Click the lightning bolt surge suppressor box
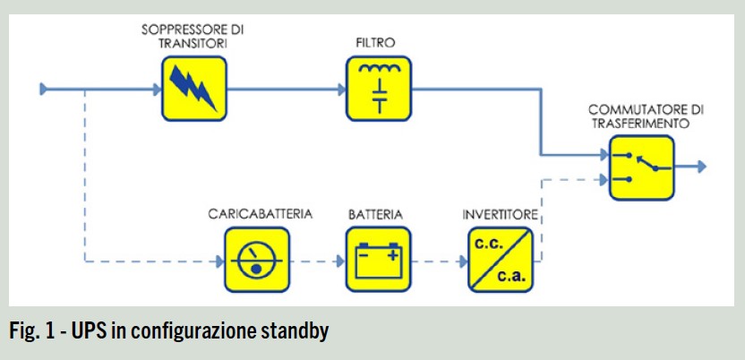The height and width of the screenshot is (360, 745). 194,88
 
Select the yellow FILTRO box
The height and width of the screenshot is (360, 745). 380,88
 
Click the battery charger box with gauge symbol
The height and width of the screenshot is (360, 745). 256,260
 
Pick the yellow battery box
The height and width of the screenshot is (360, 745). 379,260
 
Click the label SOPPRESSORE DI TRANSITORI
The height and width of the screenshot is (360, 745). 192,35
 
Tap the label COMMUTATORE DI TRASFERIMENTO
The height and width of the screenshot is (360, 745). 645,116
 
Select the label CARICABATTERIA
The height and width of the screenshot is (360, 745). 255,215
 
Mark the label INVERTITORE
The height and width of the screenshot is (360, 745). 500,215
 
